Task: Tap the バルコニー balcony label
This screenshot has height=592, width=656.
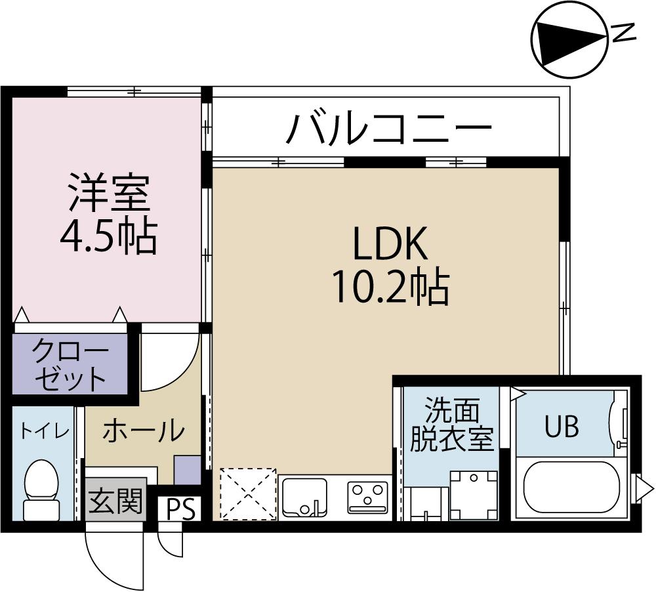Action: pos(389,129)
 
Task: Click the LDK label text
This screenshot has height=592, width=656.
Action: pos(390,244)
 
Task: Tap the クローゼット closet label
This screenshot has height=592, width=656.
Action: pos(70,365)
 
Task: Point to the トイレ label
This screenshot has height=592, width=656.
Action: pos(44,431)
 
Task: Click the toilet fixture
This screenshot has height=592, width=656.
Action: pos(41,489)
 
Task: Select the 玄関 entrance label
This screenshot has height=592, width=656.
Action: pos(115,502)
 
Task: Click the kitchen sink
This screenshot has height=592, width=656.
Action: pos(304,497)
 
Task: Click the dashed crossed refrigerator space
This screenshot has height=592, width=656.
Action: pos(247,494)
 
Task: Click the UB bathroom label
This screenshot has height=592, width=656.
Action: pos(562,427)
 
